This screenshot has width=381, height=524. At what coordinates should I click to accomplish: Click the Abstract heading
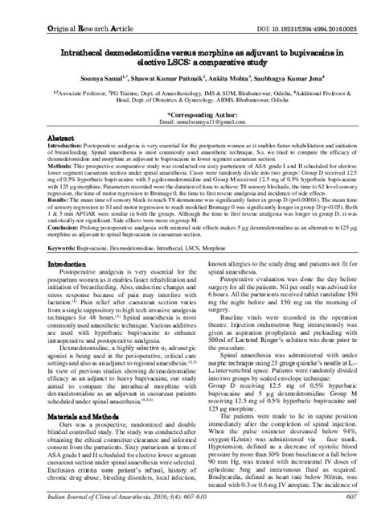click(x=63, y=139)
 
